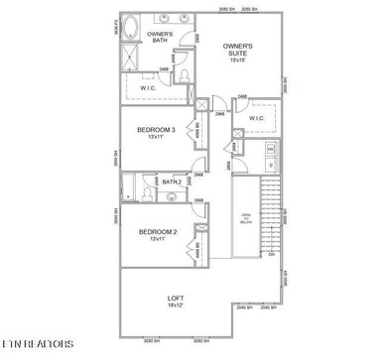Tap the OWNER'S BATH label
(x=160, y=39)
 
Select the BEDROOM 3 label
(x=157, y=129)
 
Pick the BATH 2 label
(x=172, y=181)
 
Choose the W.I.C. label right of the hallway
(x=256, y=118)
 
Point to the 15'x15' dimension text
(x=237, y=61)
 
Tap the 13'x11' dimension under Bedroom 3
(x=157, y=138)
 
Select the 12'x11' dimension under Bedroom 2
(x=157, y=240)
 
